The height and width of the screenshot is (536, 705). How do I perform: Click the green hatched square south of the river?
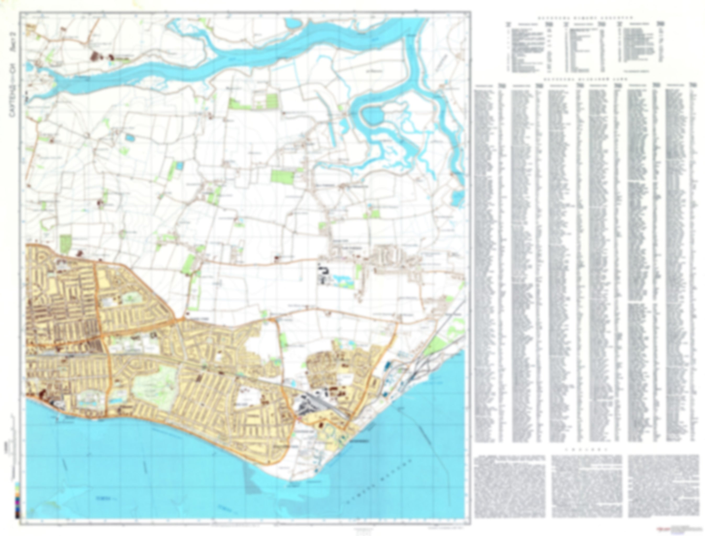pos(272,101)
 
